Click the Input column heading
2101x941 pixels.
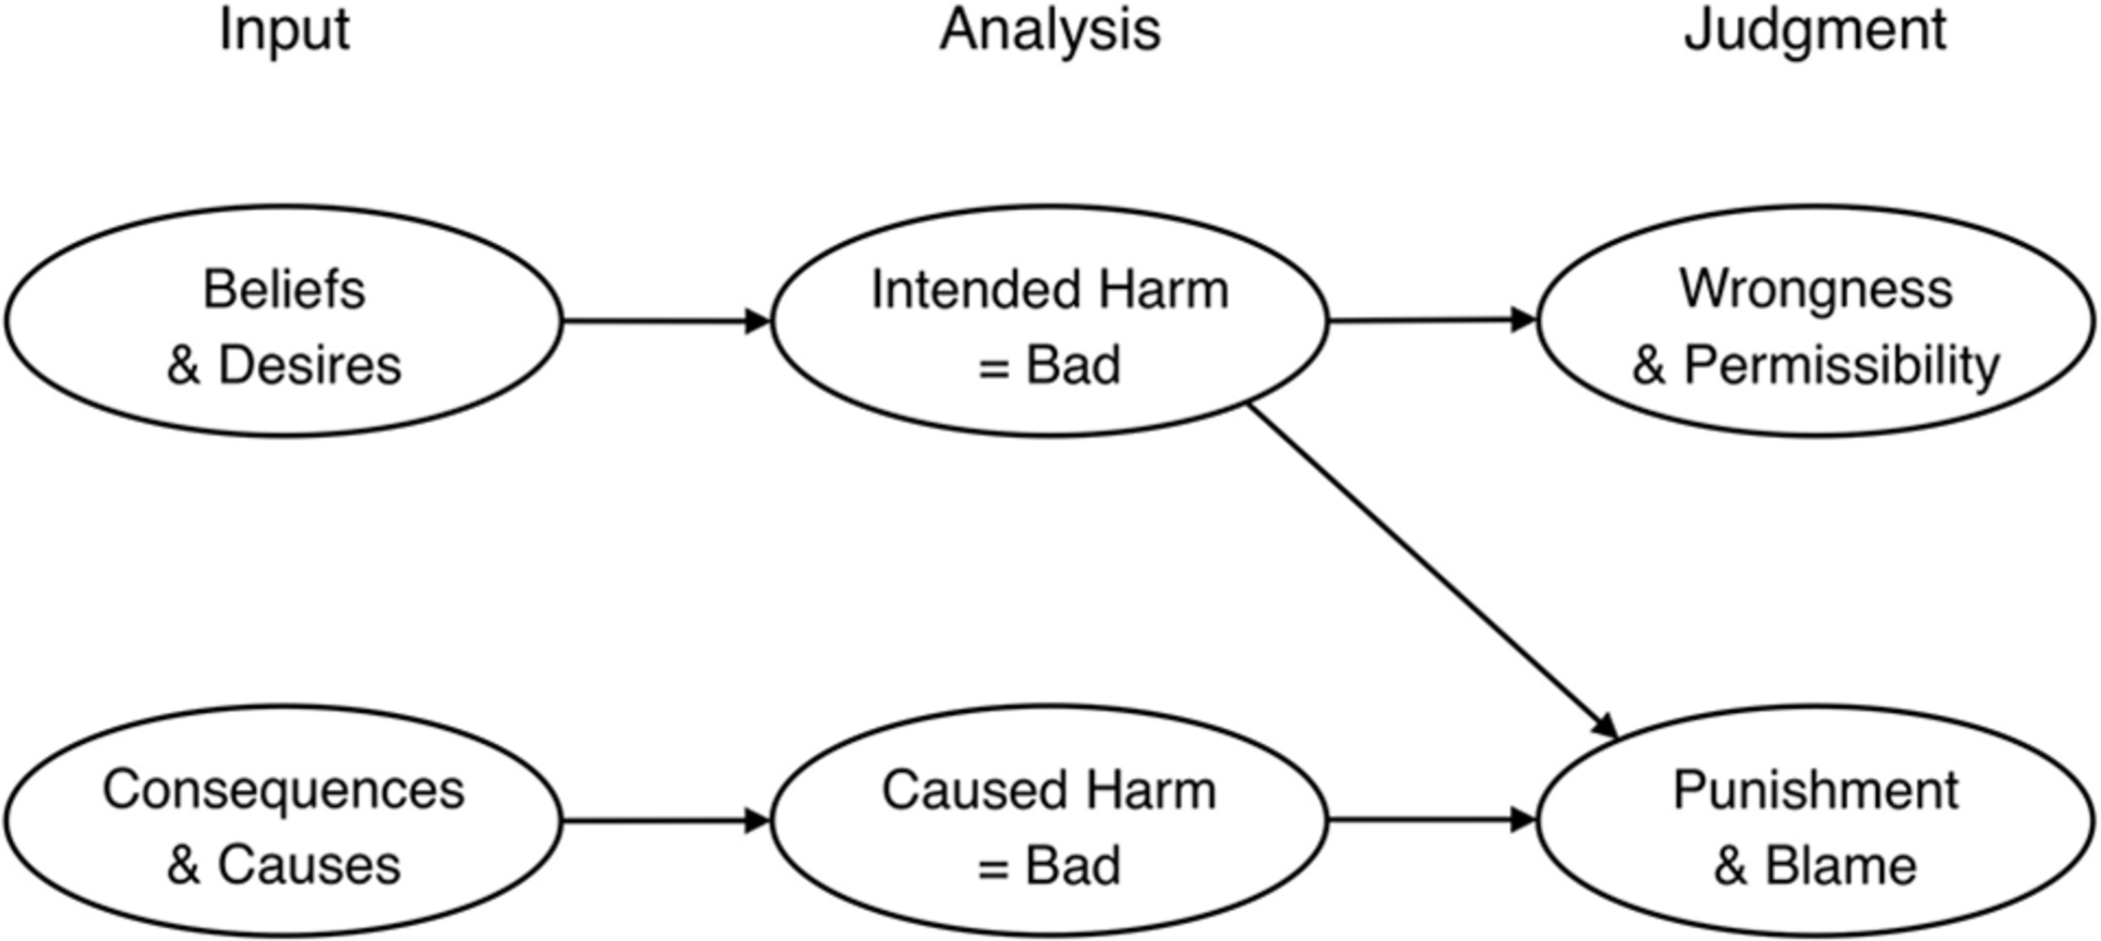coord(284,30)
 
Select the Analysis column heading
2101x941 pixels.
coord(1050,30)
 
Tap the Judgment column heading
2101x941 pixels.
coord(1815,30)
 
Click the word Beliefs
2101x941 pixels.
coord(284,289)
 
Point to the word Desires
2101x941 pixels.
coord(310,365)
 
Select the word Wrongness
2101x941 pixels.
coord(1816,289)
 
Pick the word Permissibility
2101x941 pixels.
coord(1842,365)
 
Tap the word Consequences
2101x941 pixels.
coord(283,790)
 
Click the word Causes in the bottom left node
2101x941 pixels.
coord(310,865)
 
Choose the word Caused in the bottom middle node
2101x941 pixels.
coord(963,790)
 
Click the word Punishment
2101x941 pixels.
coord(1816,790)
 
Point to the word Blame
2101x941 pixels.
coord(1841,865)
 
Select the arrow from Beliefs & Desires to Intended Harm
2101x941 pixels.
coord(666,322)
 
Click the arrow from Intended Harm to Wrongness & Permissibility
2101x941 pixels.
coord(1431,321)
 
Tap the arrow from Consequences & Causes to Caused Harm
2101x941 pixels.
coord(666,822)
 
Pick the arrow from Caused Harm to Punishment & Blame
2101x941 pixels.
coord(1431,821)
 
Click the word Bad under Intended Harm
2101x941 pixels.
coord(1073,365)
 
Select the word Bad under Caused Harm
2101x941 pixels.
coord(1073,865)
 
